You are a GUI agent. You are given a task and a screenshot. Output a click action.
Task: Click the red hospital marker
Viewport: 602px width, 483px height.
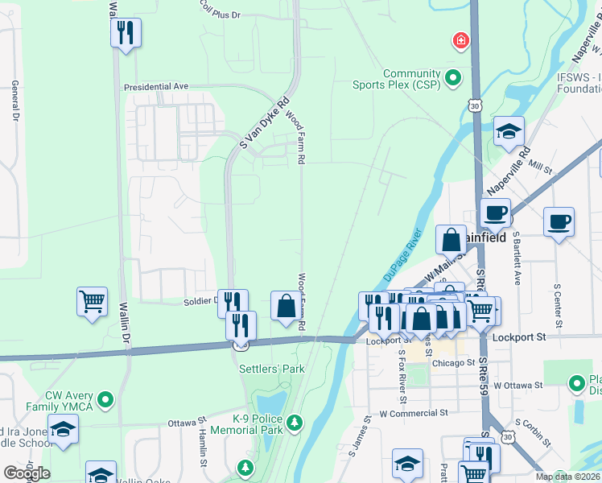(460, 40)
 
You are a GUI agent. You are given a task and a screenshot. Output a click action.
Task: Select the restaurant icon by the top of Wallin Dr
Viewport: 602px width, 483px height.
(126, 33)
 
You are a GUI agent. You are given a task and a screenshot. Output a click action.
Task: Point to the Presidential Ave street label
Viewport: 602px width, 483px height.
(155, 86)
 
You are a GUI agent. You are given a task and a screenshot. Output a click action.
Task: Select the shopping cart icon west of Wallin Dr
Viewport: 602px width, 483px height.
(93, 303)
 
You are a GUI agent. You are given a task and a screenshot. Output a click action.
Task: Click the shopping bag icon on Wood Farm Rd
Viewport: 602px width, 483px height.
(286, 306)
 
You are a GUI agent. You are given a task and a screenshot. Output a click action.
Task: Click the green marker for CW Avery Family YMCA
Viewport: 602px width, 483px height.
(105, 399)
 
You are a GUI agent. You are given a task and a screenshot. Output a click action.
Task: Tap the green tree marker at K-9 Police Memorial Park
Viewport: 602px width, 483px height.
(295, 422)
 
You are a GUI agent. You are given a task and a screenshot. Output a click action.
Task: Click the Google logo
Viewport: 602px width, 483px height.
(26, 473)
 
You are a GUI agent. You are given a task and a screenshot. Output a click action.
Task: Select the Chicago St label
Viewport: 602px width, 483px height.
(453, 363)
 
